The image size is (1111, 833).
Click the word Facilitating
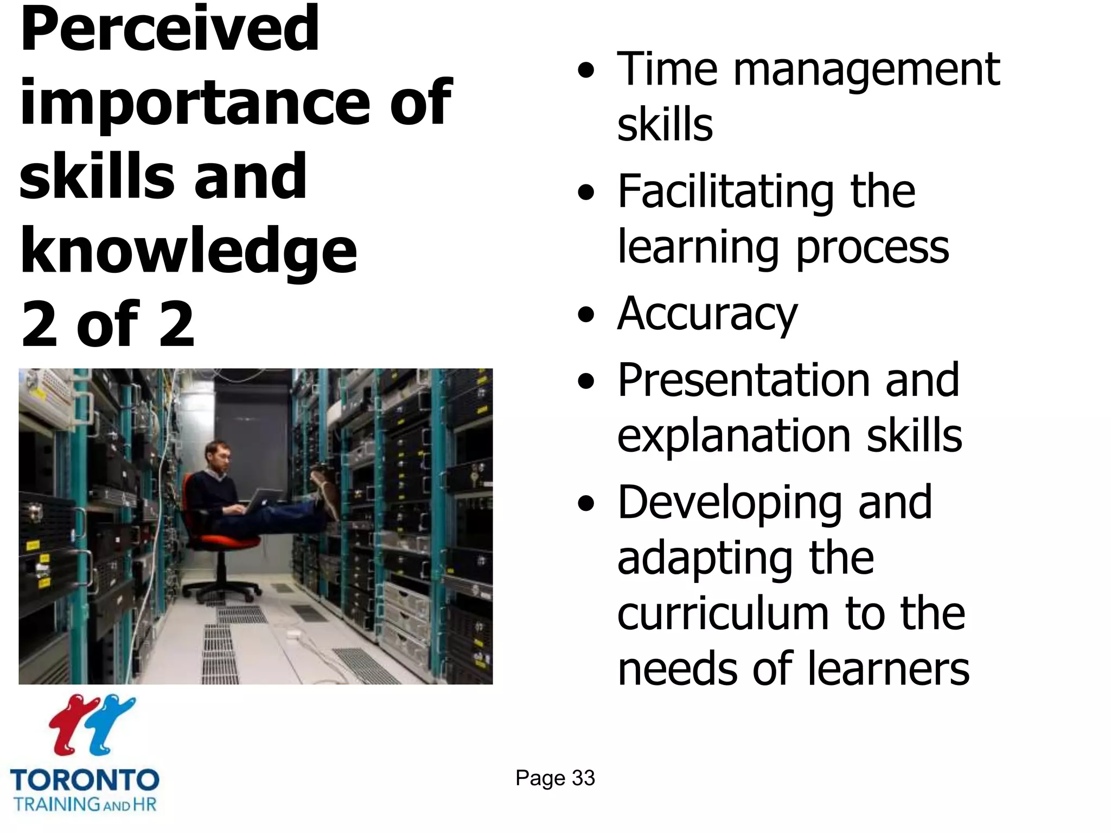coord(725,193)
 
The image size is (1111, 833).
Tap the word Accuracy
coord(707,315)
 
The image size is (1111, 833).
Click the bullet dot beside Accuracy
coord(586,315)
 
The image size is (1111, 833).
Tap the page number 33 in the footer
coord(583,778)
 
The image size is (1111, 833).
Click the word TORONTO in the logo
coord(85,780)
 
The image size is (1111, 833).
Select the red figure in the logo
coord(71,725)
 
